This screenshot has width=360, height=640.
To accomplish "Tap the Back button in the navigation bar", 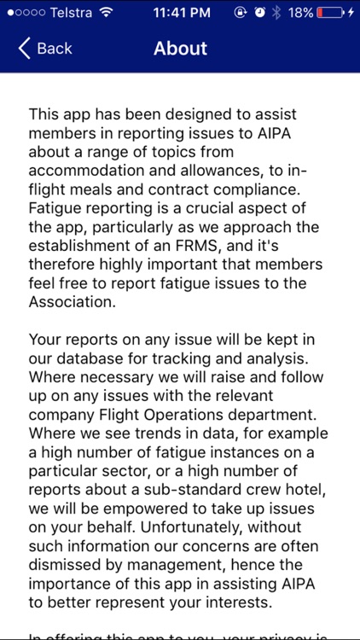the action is [46, 48].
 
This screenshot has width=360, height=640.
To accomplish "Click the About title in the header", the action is [180, 48].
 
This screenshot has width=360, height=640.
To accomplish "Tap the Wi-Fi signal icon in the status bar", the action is [106, 13].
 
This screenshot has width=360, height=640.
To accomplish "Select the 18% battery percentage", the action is [302, 13].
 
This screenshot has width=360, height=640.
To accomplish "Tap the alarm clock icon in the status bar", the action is [258, 13].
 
